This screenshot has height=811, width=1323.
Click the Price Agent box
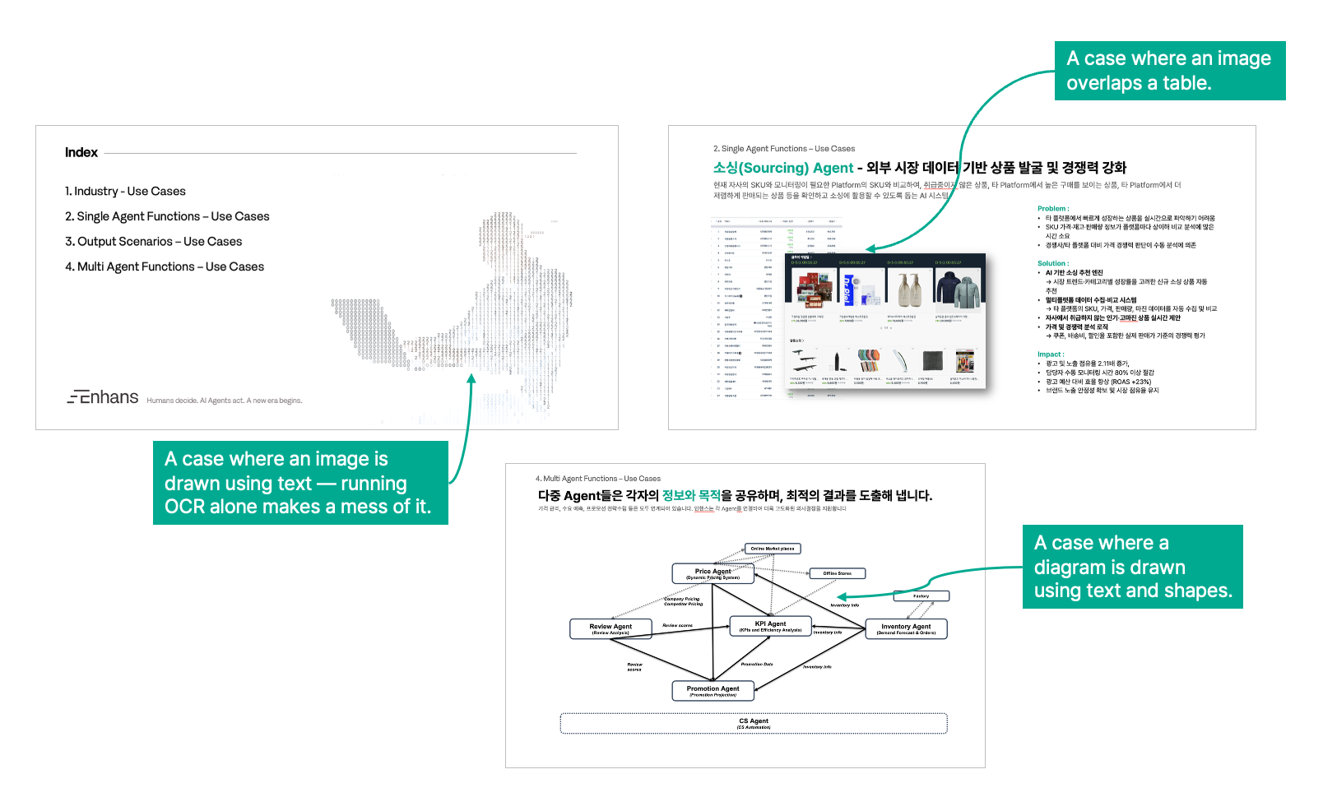pos(713,573)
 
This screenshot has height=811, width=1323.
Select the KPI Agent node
pos(770,626)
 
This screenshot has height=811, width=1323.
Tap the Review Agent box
pos(610,628)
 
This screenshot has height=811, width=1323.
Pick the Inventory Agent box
pos(906,628)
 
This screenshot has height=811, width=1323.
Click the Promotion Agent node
pos(713,691)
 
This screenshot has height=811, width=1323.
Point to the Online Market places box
pos(772,549)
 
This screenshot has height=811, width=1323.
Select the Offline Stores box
pos(837,573)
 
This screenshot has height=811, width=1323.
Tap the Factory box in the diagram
pos(921,596)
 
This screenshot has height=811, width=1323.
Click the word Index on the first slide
pos(81,152)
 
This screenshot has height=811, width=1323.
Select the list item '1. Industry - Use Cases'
pos(125,191)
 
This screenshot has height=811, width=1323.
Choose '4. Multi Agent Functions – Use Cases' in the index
pos(165,266)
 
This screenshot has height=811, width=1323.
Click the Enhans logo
pos(103,397)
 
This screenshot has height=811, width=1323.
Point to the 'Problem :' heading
pos(1053,209)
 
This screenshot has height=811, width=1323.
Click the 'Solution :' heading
pos(1052,263)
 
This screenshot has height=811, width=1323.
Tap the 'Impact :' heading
pos(1051,355)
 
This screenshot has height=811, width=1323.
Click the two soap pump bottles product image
pos(909,287)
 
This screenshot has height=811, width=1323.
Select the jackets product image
pos(958,287)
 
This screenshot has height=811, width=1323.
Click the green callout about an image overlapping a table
pos(1169,71)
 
